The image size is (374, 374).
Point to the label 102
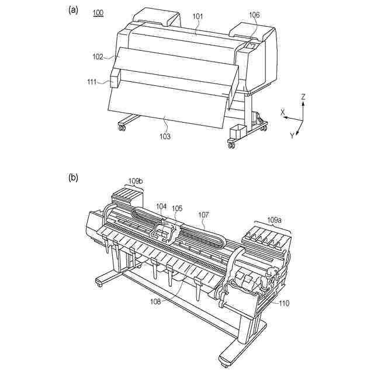pyautogui.click(x=98, y=57)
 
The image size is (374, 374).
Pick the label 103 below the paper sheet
pyautogui.click(x=165, y=136)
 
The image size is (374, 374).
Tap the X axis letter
pyautogui.click(x=283, y=112)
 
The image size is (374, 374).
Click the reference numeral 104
pyautogui.click(x=162, y=206)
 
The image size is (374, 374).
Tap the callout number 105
pyautogui.click(x=177, y=207)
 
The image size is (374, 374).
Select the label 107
pyautogui.click(x=203, y=214)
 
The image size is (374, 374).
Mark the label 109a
pyautogui.click(x=275, y=220)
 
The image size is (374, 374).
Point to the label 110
pyautogui.click(x=283, y=303)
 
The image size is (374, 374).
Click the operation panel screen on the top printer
pyautogui.click(x=252, y=44)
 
